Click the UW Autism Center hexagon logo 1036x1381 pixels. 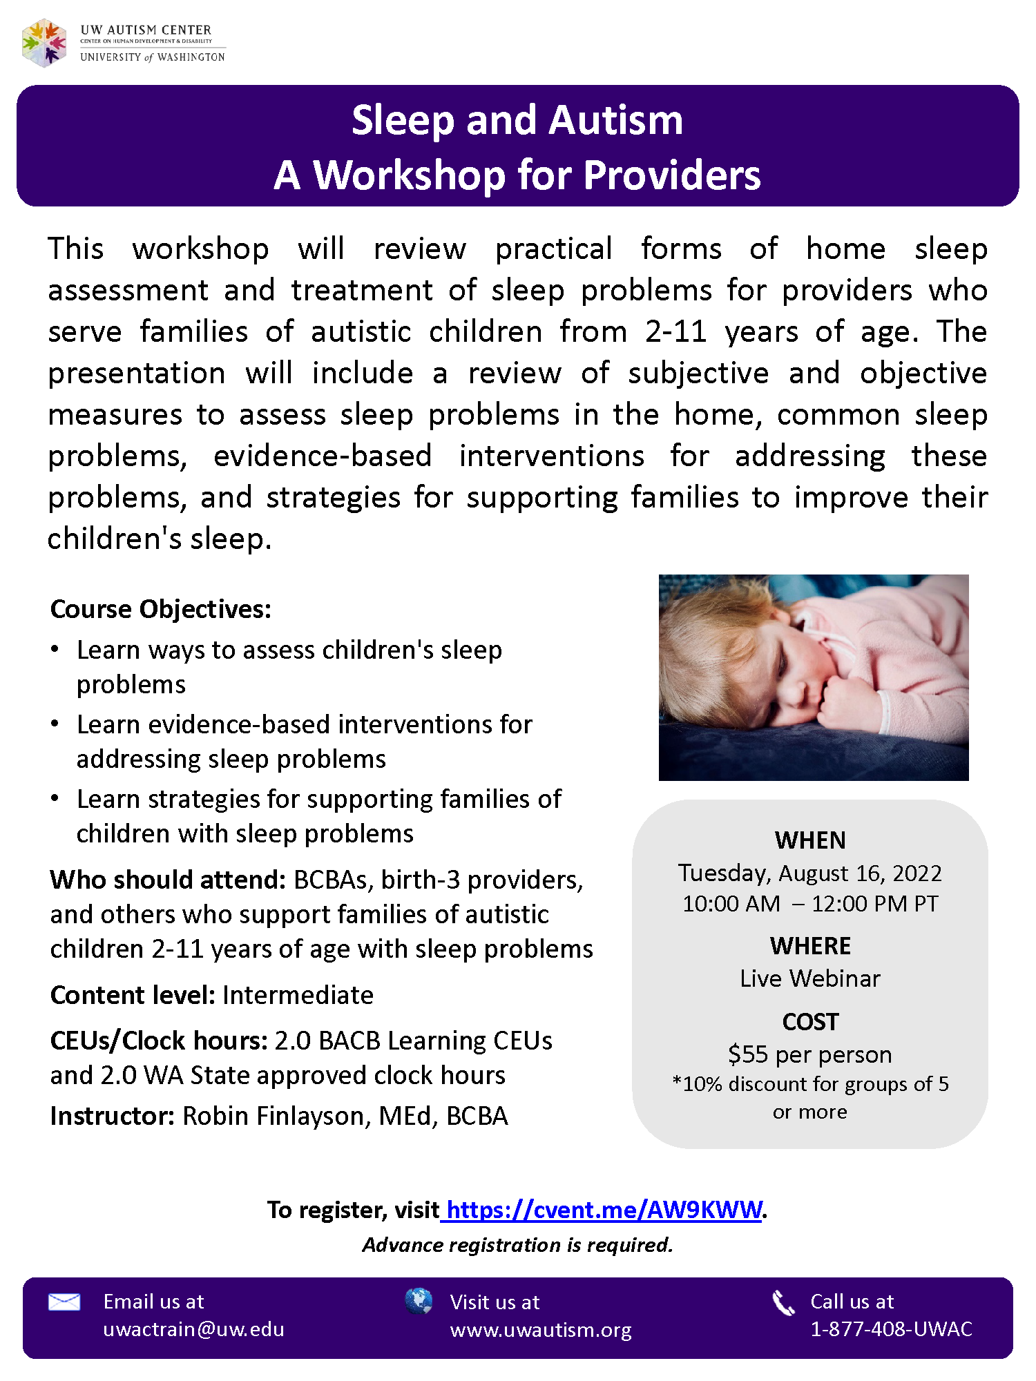(44, 43)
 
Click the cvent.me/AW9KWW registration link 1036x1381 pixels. (604, 1209)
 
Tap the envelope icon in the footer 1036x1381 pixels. (64, 1302)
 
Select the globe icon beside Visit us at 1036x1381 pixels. (419, 1301)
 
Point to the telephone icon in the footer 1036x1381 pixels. (783, 1302)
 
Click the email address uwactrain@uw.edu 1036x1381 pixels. (193, 1329)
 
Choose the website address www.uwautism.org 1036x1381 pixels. (541, 1330)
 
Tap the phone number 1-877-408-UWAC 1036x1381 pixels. (891, 1329)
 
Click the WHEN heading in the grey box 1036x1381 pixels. (810, 840)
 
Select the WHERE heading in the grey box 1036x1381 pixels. (810, 945)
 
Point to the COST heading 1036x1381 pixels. (810, 1021)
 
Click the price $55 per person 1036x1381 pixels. (810, 1054)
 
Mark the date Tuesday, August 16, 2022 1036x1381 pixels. (810, 873)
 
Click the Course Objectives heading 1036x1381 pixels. (161, 609)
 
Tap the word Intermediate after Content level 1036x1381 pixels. (298, 995)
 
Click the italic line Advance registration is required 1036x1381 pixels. (517, 1244)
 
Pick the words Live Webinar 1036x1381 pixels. (810, 978)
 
